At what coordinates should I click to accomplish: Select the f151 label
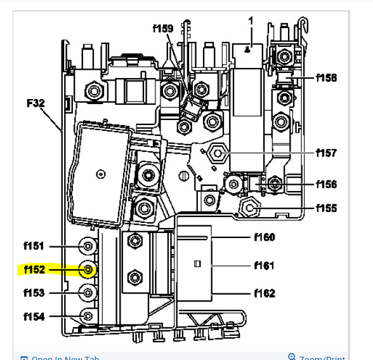point(34,246)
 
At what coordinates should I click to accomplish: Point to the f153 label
point(34,293)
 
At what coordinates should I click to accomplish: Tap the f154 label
point(34,316)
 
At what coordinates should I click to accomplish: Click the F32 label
point(36,101)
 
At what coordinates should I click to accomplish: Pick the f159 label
point(163,29)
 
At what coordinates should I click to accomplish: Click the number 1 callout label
point(251,22)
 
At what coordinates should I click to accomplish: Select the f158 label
point(327,78)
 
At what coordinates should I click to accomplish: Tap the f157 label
point(327,153)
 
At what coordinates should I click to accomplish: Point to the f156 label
point(327,184)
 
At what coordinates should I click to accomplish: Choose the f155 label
point(327,208)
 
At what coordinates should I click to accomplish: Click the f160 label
point(264,237)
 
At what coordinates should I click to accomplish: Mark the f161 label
point(264,265)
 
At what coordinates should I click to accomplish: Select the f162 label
point(264,293)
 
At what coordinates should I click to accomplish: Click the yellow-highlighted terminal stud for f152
point(88,270)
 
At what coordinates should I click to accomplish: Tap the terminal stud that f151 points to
point(88,246)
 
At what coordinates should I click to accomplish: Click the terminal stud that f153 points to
point(88,293)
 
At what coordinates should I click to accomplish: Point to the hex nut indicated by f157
point(216,152)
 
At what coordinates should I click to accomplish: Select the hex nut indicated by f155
point(249,207)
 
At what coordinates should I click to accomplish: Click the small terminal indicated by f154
point(88,316)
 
